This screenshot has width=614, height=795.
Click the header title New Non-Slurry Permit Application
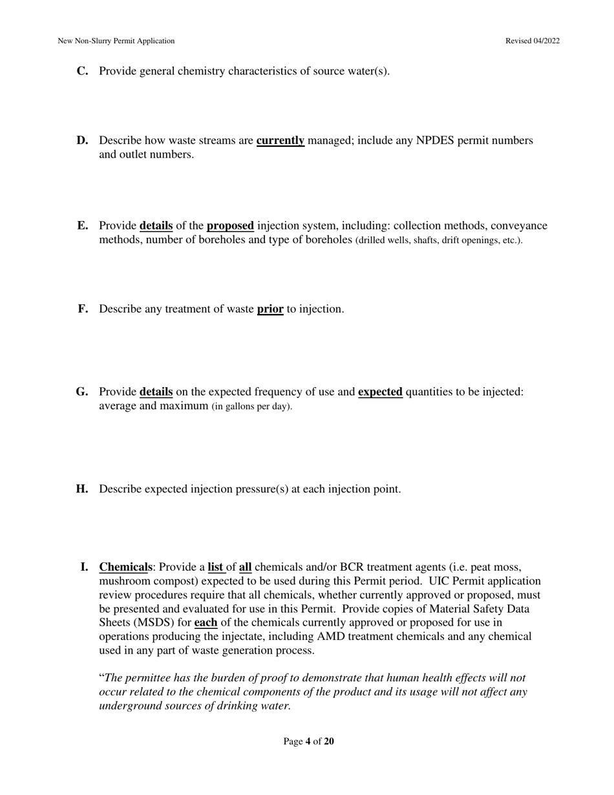(116, 41)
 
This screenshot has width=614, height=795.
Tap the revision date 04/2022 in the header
(546, 41)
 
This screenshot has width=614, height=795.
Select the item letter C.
(82, 71)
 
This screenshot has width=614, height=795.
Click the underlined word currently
(281, 140)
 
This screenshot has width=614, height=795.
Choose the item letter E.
(82, 226)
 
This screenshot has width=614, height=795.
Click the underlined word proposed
(230, 226)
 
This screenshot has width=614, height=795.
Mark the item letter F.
(83, 309)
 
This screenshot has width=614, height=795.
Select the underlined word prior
(270, 309)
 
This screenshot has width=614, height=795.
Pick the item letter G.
(82, 392)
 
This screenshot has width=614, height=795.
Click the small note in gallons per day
(252, 407)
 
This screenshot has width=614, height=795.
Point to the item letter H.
(82, 489)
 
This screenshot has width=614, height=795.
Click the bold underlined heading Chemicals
(125, 567)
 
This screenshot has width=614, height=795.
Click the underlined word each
(206, 622)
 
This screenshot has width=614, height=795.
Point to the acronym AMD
(330, 636)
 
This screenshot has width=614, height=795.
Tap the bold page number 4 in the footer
(308, 741)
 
